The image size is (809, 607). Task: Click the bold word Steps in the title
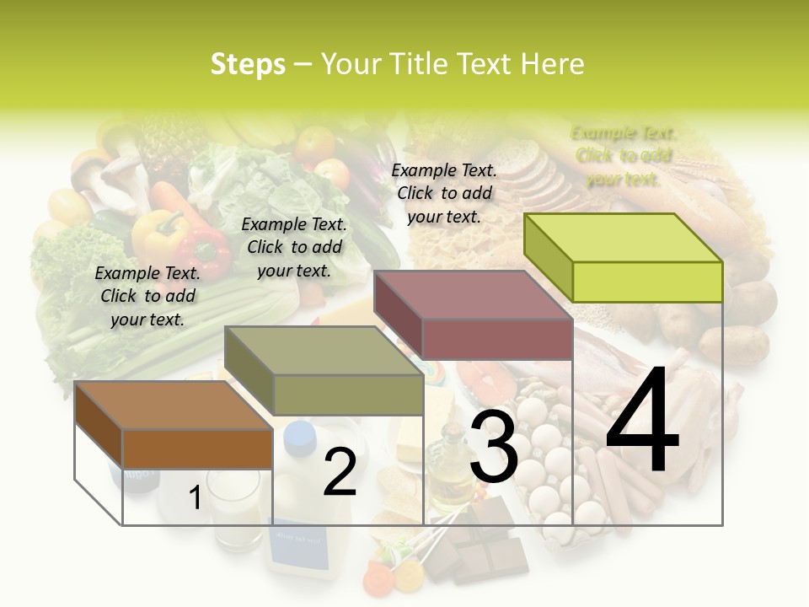248,64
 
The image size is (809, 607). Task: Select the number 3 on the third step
493,448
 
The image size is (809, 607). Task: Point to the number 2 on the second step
340,473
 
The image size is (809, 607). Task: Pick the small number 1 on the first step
195,497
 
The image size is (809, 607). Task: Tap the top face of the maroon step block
473,294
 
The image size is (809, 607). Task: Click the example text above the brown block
147,296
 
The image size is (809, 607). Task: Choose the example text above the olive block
294,247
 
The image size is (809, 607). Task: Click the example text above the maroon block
444,193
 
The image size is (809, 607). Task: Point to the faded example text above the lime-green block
624,156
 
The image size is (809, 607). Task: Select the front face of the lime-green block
647,282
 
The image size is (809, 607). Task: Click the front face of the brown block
197,448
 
